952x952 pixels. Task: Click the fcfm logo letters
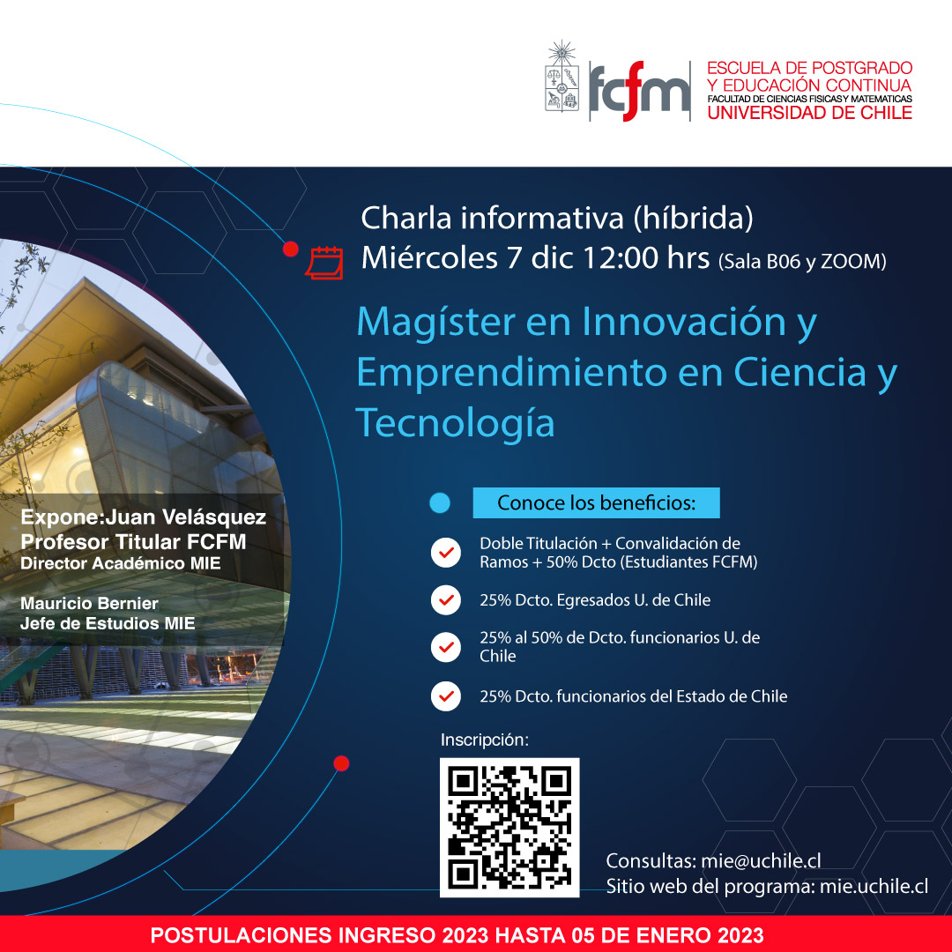tap(639, 91)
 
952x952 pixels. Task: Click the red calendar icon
tap(324, 263)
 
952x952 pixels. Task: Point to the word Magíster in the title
tap(436, 323)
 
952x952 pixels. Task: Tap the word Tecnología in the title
tap(455, 423)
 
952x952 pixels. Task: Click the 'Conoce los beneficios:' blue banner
tap(596, 502)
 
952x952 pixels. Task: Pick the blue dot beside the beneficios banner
tap(440, 502)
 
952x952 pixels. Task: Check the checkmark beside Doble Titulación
tap(446, 553)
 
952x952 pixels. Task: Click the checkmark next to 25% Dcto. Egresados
tap(446, 600)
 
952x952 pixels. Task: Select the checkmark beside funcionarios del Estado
tap(446, 695)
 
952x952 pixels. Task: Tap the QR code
tap(509, 828)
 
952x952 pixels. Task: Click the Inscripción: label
tap(485, 740)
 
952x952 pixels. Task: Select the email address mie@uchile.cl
tap(761, 861)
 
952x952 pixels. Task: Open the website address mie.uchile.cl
tap(874, 887)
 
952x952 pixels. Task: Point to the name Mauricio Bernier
tap(89, 604)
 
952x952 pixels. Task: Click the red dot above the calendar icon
tap(291, 249)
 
